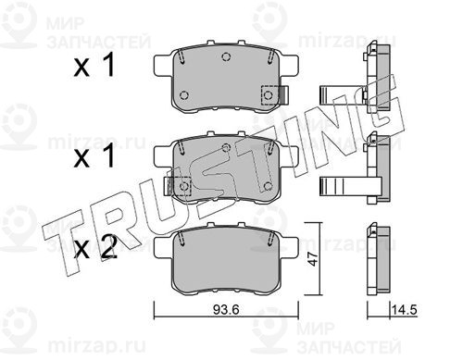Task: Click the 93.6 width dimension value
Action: pos(226,310)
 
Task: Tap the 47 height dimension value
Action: pos(314,258)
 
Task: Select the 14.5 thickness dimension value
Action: pos(405,309)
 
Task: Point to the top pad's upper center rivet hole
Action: pos(226,56)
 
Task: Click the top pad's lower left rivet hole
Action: pos(184,95)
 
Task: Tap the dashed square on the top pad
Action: pos(269,95)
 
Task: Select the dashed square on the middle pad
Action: pos(182,186)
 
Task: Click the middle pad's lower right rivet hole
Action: pos(269,186)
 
